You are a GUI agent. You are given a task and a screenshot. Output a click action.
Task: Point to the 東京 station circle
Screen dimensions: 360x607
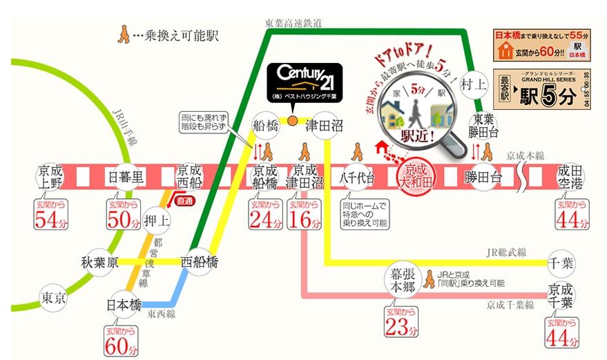click(53, 299)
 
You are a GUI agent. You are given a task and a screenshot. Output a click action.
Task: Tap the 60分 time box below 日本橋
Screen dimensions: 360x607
click(125, 342)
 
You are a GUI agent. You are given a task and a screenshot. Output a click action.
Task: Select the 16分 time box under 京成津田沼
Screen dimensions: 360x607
click(305, 216)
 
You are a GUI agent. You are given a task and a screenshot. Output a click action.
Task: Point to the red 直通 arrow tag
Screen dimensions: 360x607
click(184, 201)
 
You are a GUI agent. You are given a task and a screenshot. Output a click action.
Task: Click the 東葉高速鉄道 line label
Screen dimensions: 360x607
click(293, 23)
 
